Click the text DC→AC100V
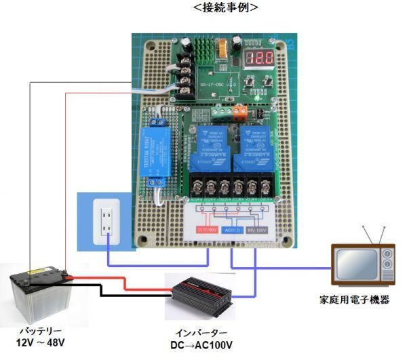point(201,346)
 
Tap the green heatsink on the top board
point(206,48)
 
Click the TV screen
point(355,265)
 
